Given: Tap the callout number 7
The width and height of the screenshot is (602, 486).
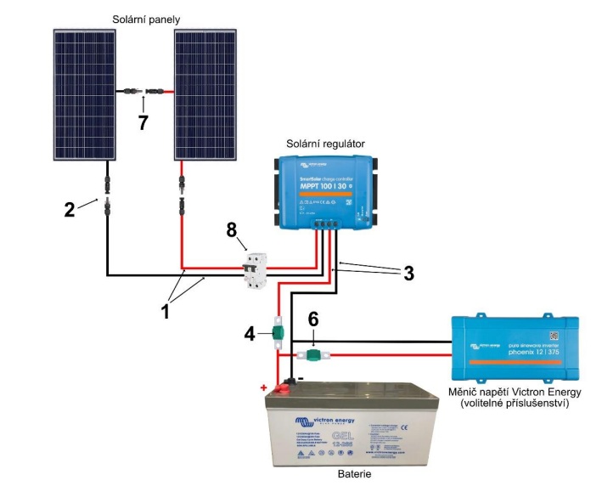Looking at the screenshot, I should (143, 122).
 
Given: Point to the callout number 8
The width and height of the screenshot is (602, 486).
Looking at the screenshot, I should (230, 229).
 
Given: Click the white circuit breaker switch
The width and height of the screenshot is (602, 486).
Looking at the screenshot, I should (252, 270).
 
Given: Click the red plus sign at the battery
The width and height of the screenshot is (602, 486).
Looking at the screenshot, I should (264, 388).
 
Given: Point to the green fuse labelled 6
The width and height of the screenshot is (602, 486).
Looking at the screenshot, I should (312, 354).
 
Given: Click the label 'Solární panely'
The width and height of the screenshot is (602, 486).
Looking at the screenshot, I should (146, 18).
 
